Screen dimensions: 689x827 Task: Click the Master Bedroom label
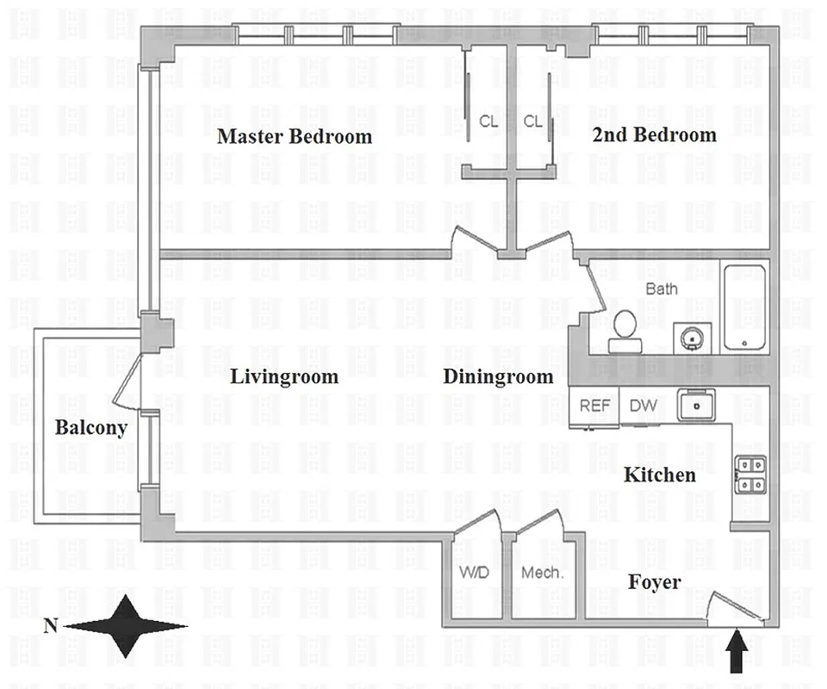point(295,136)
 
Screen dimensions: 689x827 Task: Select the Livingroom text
point(283,376)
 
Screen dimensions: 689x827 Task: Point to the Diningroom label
point(498,376)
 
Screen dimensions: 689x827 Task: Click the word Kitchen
point(659,475)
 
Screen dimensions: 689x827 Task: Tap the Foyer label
point(654,583)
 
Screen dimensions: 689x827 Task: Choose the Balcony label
point(91,428)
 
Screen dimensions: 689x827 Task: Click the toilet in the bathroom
point(625,332)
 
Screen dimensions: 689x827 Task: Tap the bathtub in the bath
point(744,307)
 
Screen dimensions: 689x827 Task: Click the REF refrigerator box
point(594,406)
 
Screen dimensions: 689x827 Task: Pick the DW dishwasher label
point(640,406)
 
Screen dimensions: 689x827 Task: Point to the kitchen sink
point(695,405)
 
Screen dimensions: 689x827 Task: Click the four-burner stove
point(749,475)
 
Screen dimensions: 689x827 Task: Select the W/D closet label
point(474,573)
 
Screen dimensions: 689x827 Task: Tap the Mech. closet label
point(542,573)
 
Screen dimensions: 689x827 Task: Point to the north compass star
point(126,626)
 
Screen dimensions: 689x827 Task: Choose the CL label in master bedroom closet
point(488,121)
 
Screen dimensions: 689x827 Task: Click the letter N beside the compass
point(49,626)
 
